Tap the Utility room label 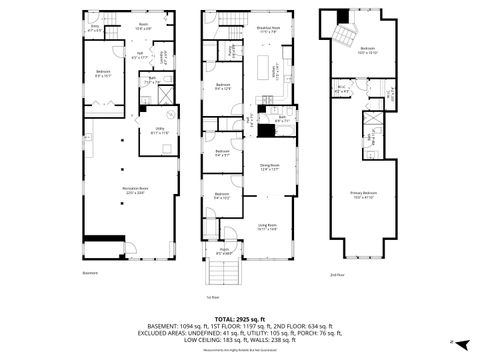coord(158,126)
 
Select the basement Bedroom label coord(102,73)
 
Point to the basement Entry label coord(95,29)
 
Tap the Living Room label coord(265,227)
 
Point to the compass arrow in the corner coord(453,342)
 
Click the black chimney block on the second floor coord(346,15)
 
